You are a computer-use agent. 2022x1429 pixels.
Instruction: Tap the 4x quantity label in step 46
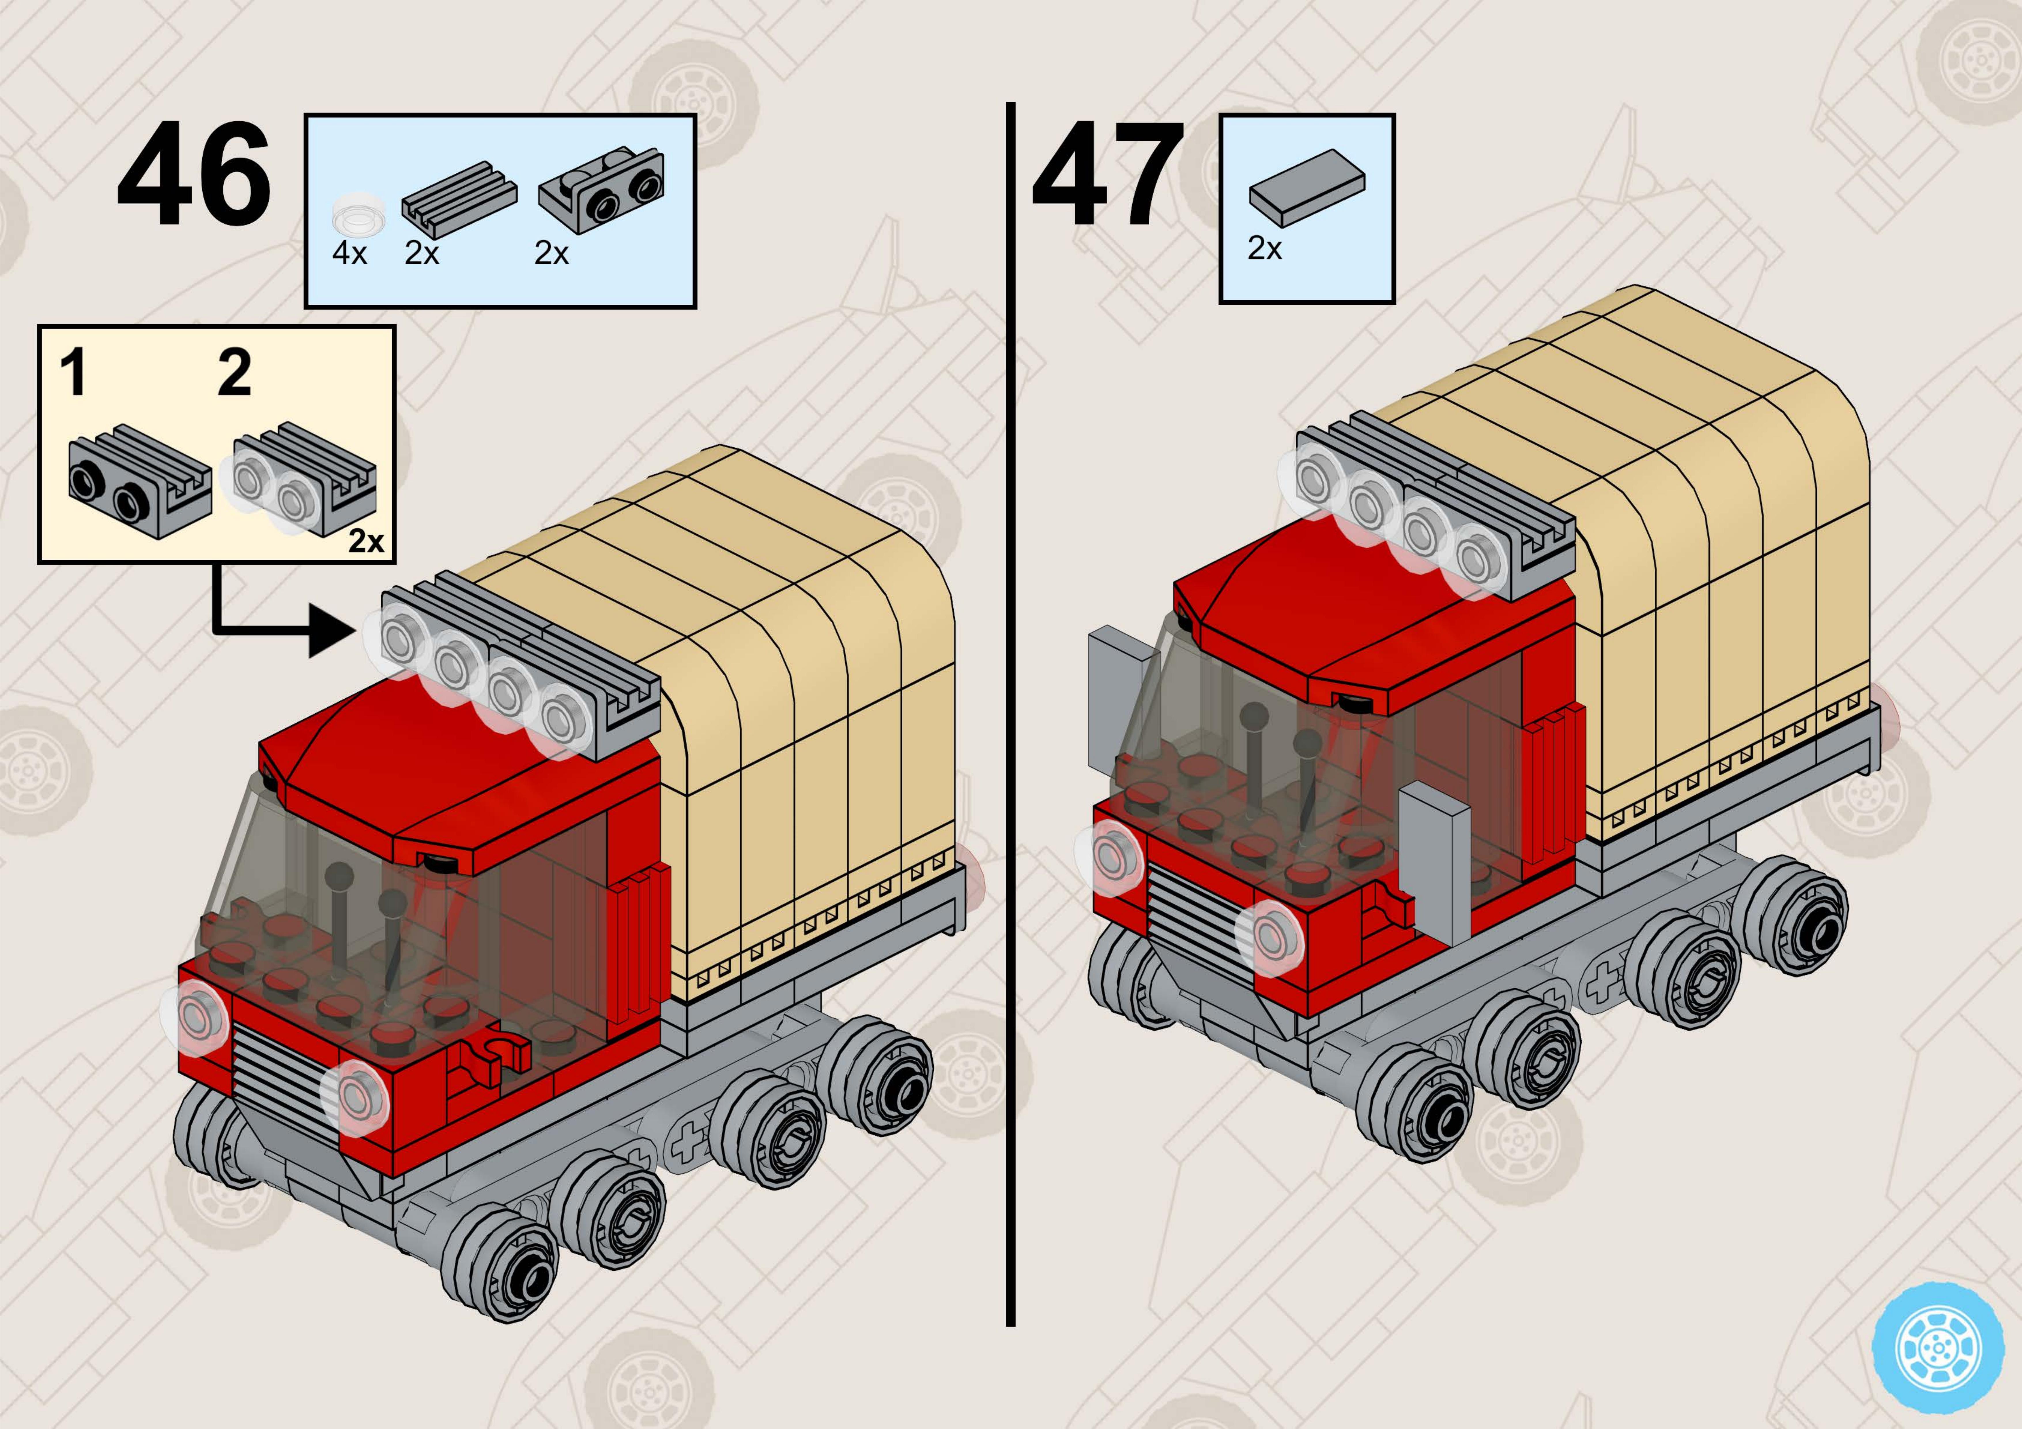[350, 254]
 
